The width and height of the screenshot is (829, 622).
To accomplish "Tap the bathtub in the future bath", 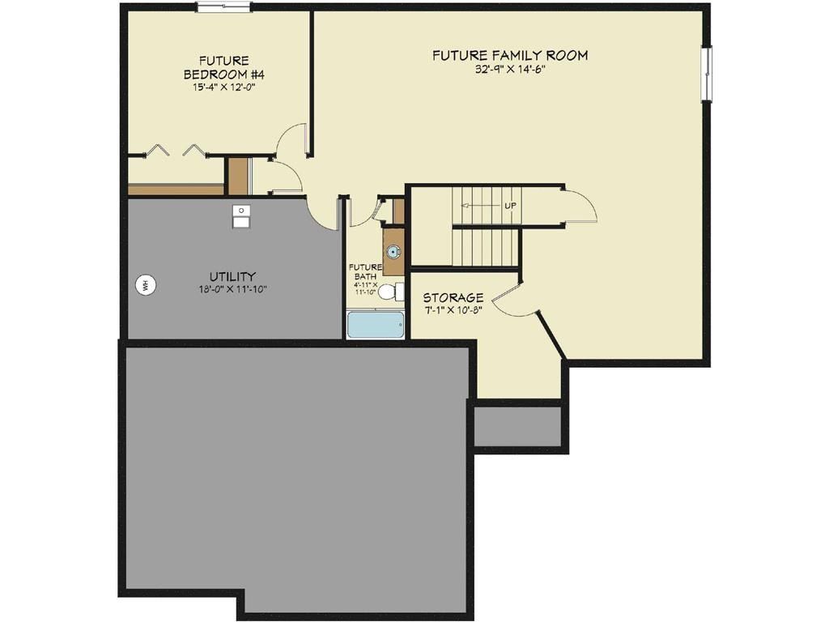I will [x=375, y=325].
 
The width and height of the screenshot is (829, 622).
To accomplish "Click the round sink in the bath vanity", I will [x=393, y=252].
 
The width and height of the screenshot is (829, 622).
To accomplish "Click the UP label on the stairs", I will [x=510, y=206].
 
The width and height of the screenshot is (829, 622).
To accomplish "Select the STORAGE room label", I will [x=453, y=297].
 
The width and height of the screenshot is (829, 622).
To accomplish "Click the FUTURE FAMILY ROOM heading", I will [x=509, y=56].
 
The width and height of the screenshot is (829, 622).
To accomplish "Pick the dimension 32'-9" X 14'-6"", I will [x=509, y=70].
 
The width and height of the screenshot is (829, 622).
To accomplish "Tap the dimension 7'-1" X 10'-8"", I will [x=453, y=310].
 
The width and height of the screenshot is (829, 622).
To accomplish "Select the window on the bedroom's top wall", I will [x=223, y=8].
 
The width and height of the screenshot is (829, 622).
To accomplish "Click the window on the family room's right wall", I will [x=707, y=74].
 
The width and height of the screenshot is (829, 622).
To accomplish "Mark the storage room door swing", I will [x=512, y=300].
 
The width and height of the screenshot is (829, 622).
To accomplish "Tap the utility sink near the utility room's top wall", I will [x=241, y=216].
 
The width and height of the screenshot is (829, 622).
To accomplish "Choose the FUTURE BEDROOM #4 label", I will [x=223, y=67].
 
